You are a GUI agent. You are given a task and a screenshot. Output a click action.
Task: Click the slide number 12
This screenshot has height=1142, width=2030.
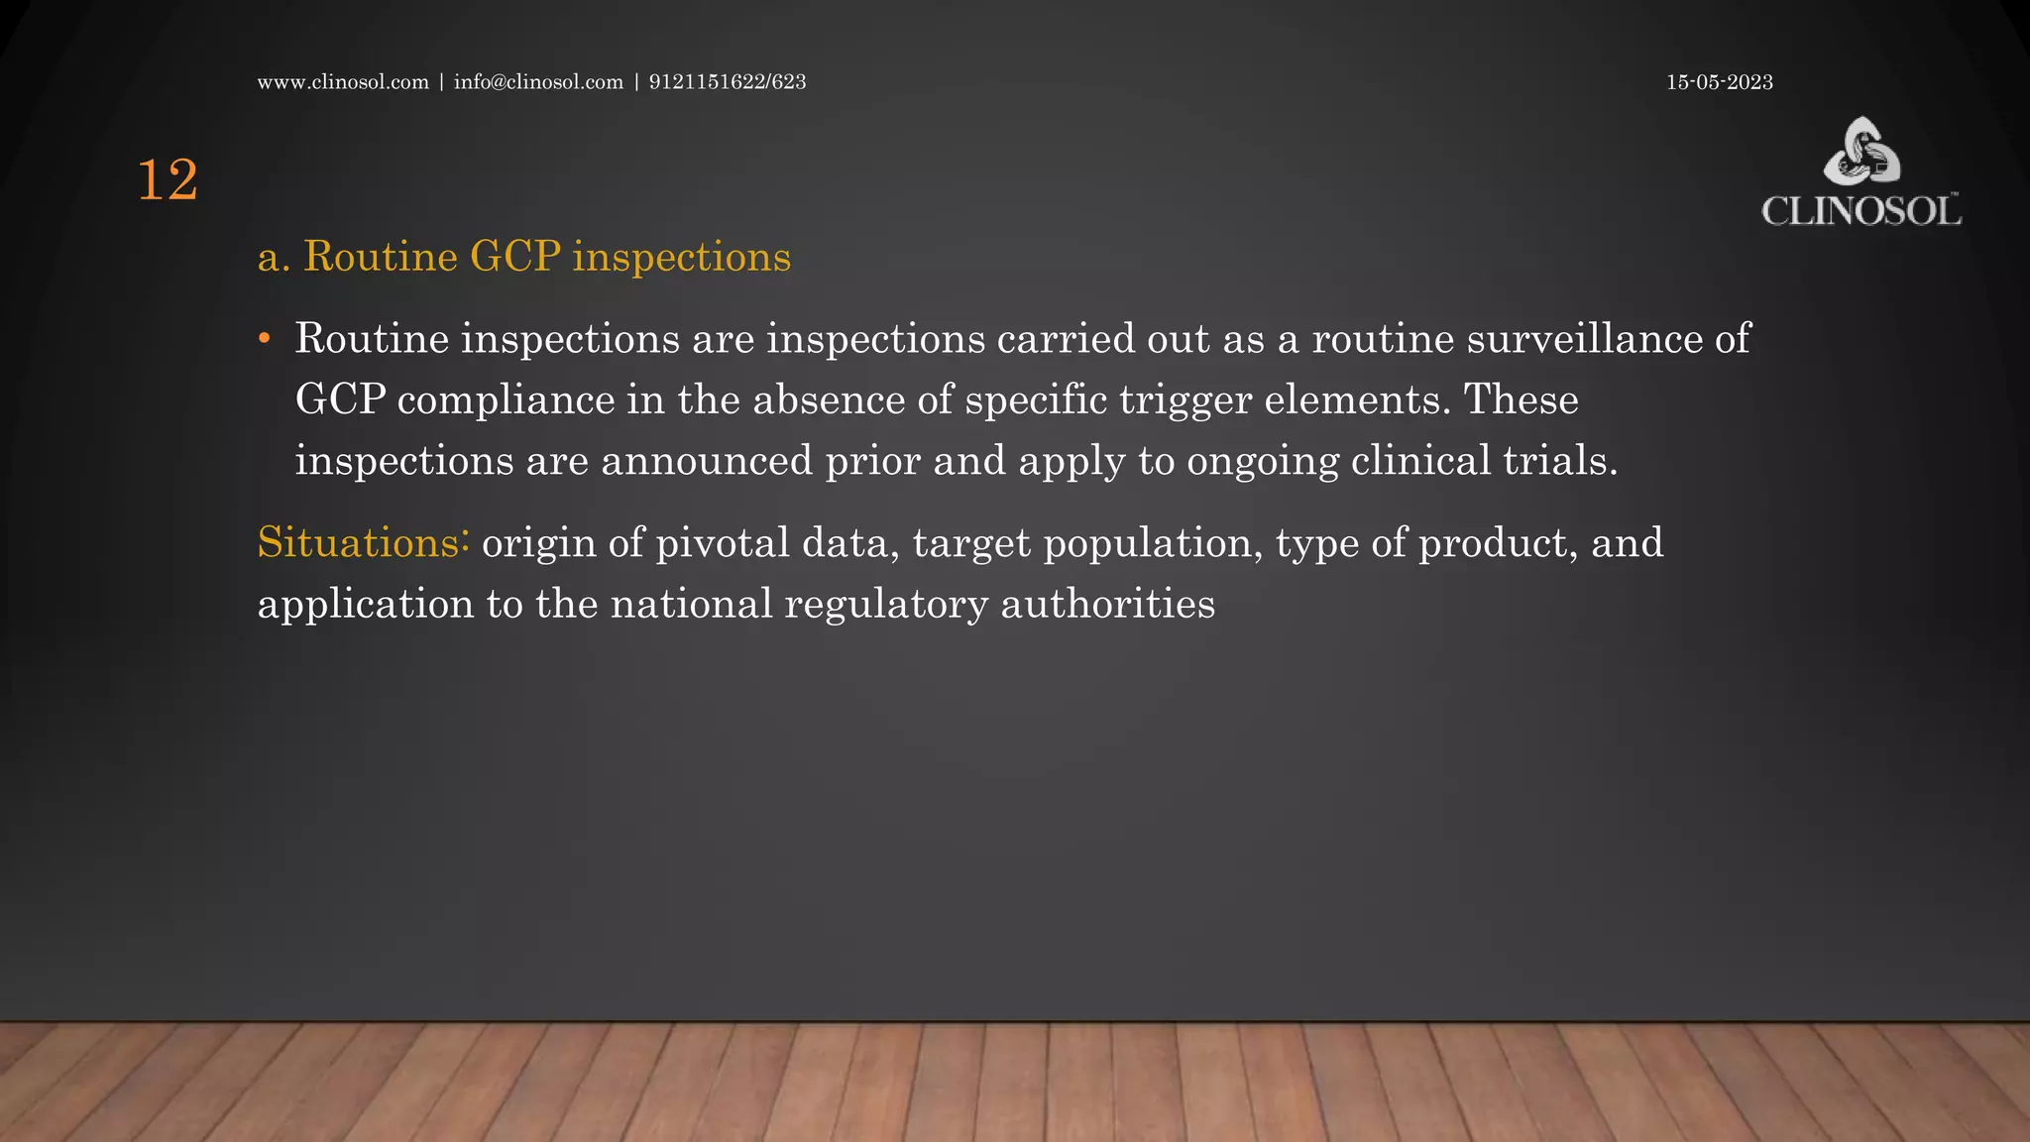(x=168, y=181)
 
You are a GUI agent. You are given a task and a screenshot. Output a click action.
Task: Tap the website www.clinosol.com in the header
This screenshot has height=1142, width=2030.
(x=343, y=82)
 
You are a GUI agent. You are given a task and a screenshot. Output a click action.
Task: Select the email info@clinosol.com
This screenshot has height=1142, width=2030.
(x=538, y=82)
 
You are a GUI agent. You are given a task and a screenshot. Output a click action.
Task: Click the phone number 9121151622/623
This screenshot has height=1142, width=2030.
(x=728, y=82)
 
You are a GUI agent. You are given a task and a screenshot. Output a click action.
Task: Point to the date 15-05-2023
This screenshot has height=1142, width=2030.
(x=1719, y=82)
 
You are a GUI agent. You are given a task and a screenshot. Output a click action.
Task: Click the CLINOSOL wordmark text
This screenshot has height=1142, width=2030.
(x=1861, y=211)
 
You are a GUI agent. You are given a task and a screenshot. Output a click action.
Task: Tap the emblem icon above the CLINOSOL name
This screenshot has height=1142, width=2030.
(x=1862, y=151)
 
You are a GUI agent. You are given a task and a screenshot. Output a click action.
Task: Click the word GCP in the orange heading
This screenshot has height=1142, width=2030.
(x=515, y=257)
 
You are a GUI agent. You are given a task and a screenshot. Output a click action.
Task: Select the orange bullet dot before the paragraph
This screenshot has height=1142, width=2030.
(x=264, y=339)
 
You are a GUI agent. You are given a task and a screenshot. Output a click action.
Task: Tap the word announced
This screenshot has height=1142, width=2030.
(x=707, y=461)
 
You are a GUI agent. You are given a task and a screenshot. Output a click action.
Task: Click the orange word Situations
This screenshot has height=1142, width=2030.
(x=359, y=543)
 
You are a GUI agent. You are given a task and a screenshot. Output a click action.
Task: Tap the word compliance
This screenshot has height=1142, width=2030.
(x=506, y=400)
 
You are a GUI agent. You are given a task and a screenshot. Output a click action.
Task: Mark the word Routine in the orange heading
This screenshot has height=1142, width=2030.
(x=380, y=257)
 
